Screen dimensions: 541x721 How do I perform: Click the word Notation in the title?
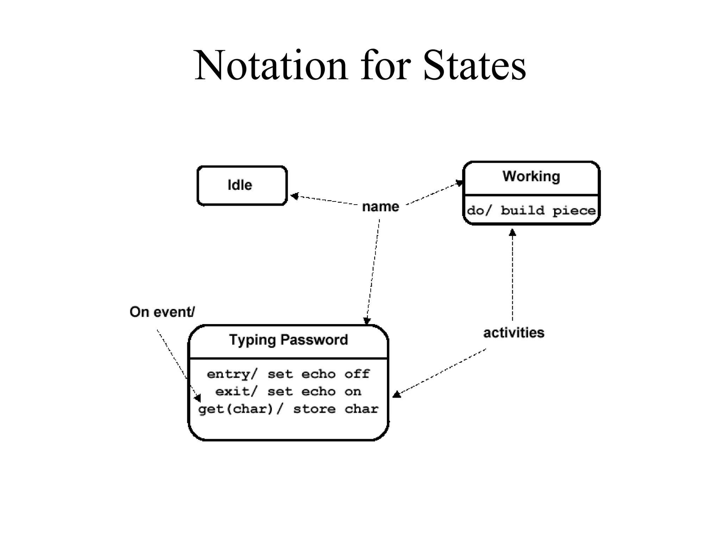pyautogui.click(x=271, y=66)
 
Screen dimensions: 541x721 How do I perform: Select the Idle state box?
pyautogui.click(x=242, y=185)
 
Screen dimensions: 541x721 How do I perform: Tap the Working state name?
pyautogui.click(x=531, y=176)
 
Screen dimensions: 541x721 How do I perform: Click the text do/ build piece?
pyautogui.click(x=531, y=211)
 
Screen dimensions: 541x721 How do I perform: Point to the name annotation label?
pyautogui.click(x=381, y=207)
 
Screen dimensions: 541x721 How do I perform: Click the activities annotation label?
pyautogui.click(x=514, y=333)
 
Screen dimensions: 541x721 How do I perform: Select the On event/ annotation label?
pyautogui.click(x=162, y=312)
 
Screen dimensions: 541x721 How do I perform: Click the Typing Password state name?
pyautogui.click(x=288, y=340)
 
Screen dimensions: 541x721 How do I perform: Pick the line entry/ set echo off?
pyautogui.click(x=288, y=374)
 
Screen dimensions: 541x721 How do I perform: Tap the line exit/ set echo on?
pyautogui.click(x=288, y=392)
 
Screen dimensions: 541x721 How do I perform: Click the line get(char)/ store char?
pyautogui.click(x=288, y=409)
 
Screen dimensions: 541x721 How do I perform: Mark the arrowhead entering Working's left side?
pyautogui.click(x=459, y=183)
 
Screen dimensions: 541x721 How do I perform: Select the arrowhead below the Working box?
pyautogui.click(x=513, y=232)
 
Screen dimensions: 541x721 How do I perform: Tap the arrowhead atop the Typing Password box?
pyautogui.click(x=367, y=321)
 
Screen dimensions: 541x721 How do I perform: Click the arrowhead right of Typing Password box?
pyautogui.click(x=396, y=394)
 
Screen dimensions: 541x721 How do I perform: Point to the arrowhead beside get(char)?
pyautogui.click(x=198, y=398)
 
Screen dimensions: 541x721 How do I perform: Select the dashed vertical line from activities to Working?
pyautogui.click(x=513, y=278)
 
